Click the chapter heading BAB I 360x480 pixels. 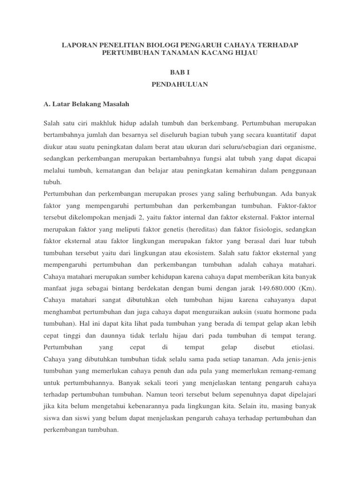[x=180, y=71]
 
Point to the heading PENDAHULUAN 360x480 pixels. [x=180, y=84]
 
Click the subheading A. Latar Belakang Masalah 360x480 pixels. [x=86, y=103]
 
